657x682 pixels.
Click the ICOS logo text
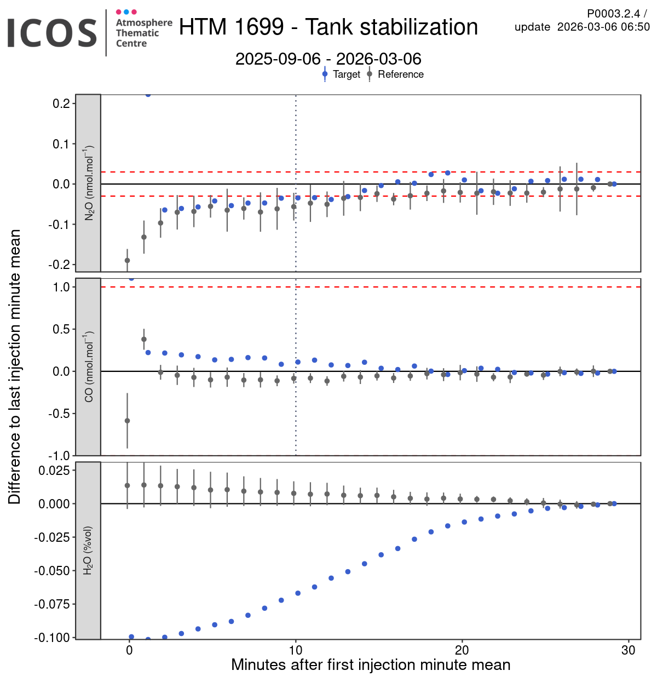(x=52, y=33)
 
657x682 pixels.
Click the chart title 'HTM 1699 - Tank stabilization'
(x=328, y=27)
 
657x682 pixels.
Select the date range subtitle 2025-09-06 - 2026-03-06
(x=328, y=59)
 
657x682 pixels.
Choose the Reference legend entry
(x=400, y=74)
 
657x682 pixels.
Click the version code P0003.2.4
(x=613, y=14)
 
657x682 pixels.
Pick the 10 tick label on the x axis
(x=296, y=650)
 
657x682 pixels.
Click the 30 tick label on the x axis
(x=629, y=650)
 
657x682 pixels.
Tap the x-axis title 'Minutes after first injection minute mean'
(x=371, y=665)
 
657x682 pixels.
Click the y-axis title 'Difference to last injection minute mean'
(x=15, y=366)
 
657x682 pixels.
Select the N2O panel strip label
(x=89, y=183)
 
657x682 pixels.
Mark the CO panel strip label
(x=89, y=366)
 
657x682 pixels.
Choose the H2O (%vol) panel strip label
(x=89, y=550)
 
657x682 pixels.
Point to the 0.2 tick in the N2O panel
(x=61, y=104)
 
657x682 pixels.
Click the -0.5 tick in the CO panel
(x=59, y=414)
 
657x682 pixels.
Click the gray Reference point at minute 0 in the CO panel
(x=128, y=421)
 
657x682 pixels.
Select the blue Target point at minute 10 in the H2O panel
(x=298, y=593)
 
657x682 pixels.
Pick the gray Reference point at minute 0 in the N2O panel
(x=128, y=260)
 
